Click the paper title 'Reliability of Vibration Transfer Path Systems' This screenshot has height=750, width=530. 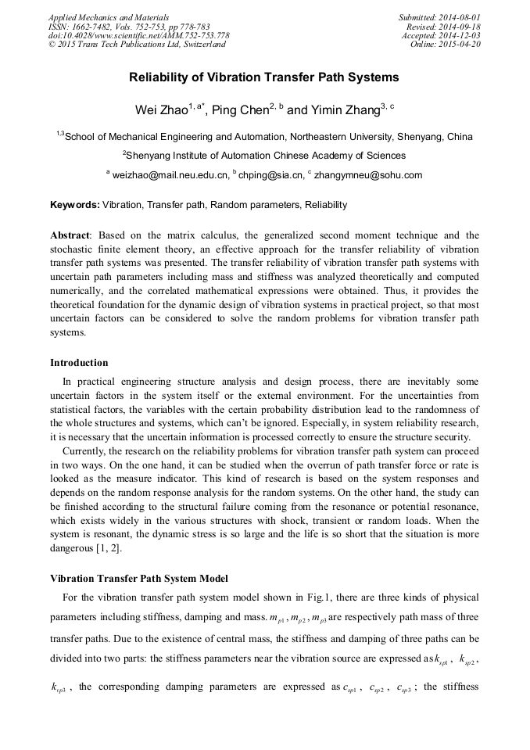tap(264, 77)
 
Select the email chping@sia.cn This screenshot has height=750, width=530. tap(270, 175)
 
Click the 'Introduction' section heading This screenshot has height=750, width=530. tap(79, 363)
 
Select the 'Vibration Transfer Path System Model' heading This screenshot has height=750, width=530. tap(139, 579)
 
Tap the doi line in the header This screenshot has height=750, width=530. tap(139, 36)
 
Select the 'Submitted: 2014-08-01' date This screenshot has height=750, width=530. tap(439, 17)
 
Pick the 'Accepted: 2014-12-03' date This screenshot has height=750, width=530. tap(441, 36)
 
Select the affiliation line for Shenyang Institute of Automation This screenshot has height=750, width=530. tap(264, 155)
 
